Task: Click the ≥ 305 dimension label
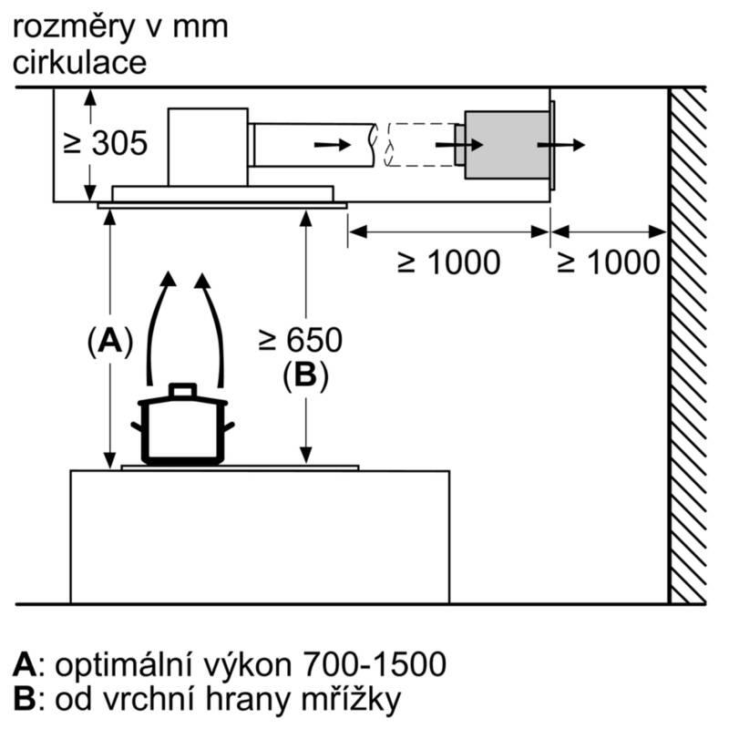tap(104, 143)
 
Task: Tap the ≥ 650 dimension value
tap(300, 340)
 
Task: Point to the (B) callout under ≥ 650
tap(304, 375)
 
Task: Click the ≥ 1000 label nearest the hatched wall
tap(608, 262)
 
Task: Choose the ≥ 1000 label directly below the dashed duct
tap(448, 262)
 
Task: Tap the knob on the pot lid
tap(182, 390)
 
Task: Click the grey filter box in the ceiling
tap(507, 144)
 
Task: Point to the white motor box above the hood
tap(208, 143)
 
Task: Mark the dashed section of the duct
tap(419, 144)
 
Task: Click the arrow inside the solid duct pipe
tap(331, 145)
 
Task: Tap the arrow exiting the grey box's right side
tap(561, 145)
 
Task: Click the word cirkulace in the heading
tap(80, 63)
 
